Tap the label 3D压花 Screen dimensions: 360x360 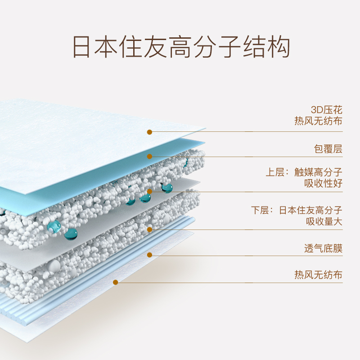327,110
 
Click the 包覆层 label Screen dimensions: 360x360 328,149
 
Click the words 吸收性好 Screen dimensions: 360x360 324,183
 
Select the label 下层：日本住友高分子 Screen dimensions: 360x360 297,210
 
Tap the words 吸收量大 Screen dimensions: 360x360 324,221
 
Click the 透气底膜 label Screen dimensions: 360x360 323,248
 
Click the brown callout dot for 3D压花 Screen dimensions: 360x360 149,132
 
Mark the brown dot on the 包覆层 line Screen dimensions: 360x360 149,157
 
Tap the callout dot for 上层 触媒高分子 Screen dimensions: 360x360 149,191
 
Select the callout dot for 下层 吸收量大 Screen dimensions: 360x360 149,229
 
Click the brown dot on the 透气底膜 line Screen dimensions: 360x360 149,255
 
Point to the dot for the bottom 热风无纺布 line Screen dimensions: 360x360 116,282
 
